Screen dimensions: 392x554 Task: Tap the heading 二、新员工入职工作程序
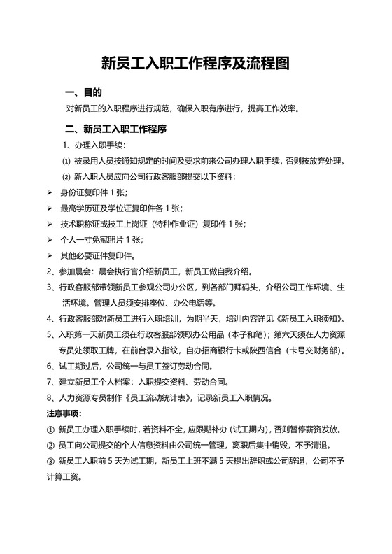(x=115, y=129)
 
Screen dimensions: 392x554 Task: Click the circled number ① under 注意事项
(x=50, y=429)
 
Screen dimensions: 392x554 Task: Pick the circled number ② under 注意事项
(x=50, y=446)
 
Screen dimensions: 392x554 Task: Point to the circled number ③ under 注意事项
(x=50, y=462)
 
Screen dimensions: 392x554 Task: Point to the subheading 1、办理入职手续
(x=94, y=145)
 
